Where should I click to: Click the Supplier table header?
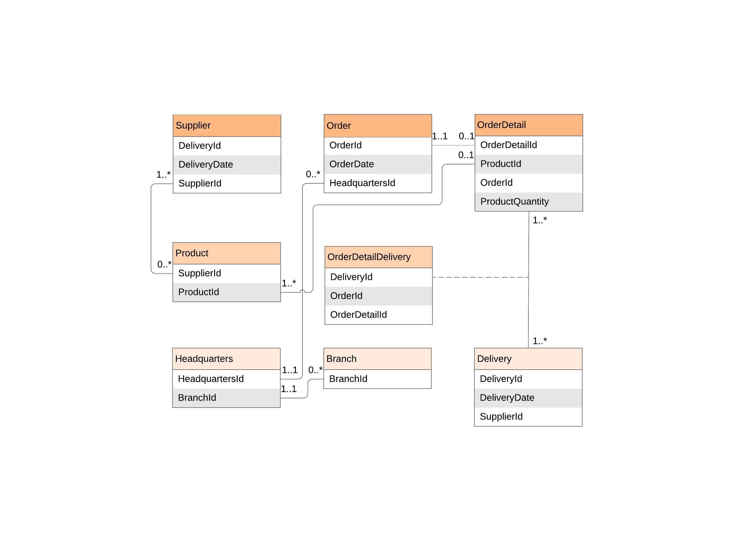[227, 126]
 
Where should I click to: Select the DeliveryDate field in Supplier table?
[227, 165]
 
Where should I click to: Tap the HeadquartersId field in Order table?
[378, 183]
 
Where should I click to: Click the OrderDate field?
[378, 164]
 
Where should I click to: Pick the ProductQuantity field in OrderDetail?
[528, 201]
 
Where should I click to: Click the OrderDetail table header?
[528, 125]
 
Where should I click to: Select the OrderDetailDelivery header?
[378, 257]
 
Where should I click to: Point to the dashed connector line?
[480, 278]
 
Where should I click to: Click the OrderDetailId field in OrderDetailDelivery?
[378, 315]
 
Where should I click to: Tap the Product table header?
[227, 253]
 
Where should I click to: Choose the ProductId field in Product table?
[227, 292]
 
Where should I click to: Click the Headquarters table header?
[226, 359]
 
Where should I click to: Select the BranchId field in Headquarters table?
[226, 398]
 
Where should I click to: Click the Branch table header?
[377, 359]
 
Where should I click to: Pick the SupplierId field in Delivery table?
[528, 416]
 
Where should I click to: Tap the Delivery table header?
[528, 359]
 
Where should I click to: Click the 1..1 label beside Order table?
[440, 137]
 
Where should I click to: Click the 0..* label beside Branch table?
[315, 370]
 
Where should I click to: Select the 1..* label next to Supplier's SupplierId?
[163, 175]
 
